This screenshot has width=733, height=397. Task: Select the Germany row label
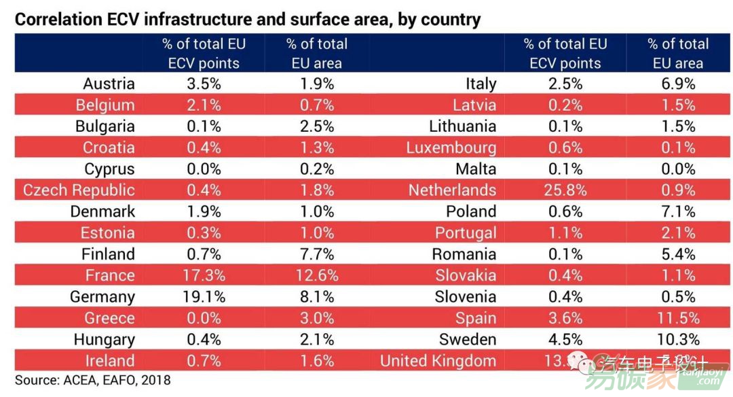102,297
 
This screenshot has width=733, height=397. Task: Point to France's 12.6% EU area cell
316,275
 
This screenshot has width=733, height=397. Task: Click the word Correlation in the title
56,19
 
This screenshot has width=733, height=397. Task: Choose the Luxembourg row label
451,148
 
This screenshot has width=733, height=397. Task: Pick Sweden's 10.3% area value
677,339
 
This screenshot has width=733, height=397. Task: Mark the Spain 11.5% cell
677,318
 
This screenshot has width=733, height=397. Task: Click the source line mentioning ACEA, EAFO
93,380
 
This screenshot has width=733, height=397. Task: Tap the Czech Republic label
79,190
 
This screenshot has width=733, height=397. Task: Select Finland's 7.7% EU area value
316,254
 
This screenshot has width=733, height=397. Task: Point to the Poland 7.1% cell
677,211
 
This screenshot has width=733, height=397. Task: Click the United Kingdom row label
438,361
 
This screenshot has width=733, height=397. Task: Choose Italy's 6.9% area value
677,84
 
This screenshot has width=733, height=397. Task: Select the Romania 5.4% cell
677,254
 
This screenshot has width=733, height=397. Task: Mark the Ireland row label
110,361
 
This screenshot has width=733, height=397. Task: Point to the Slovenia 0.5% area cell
677,297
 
